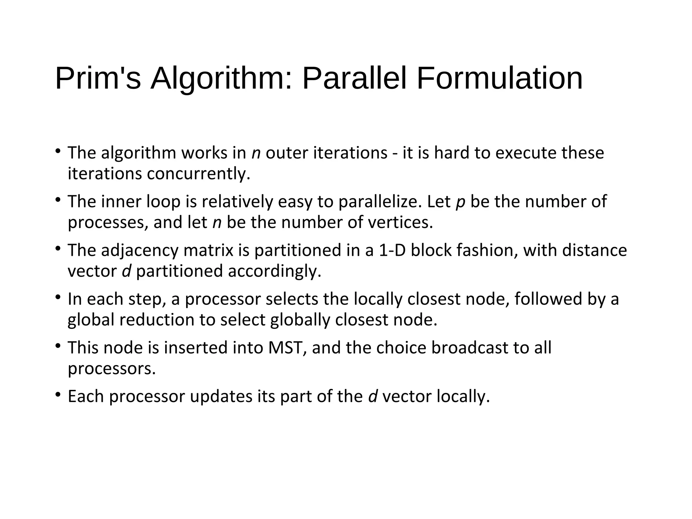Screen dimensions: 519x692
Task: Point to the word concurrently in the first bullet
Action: point(198,174)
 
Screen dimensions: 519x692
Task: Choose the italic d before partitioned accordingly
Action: point(126,271)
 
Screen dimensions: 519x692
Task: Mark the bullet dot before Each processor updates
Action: point(58,394)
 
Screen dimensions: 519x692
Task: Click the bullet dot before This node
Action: point(58,346)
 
